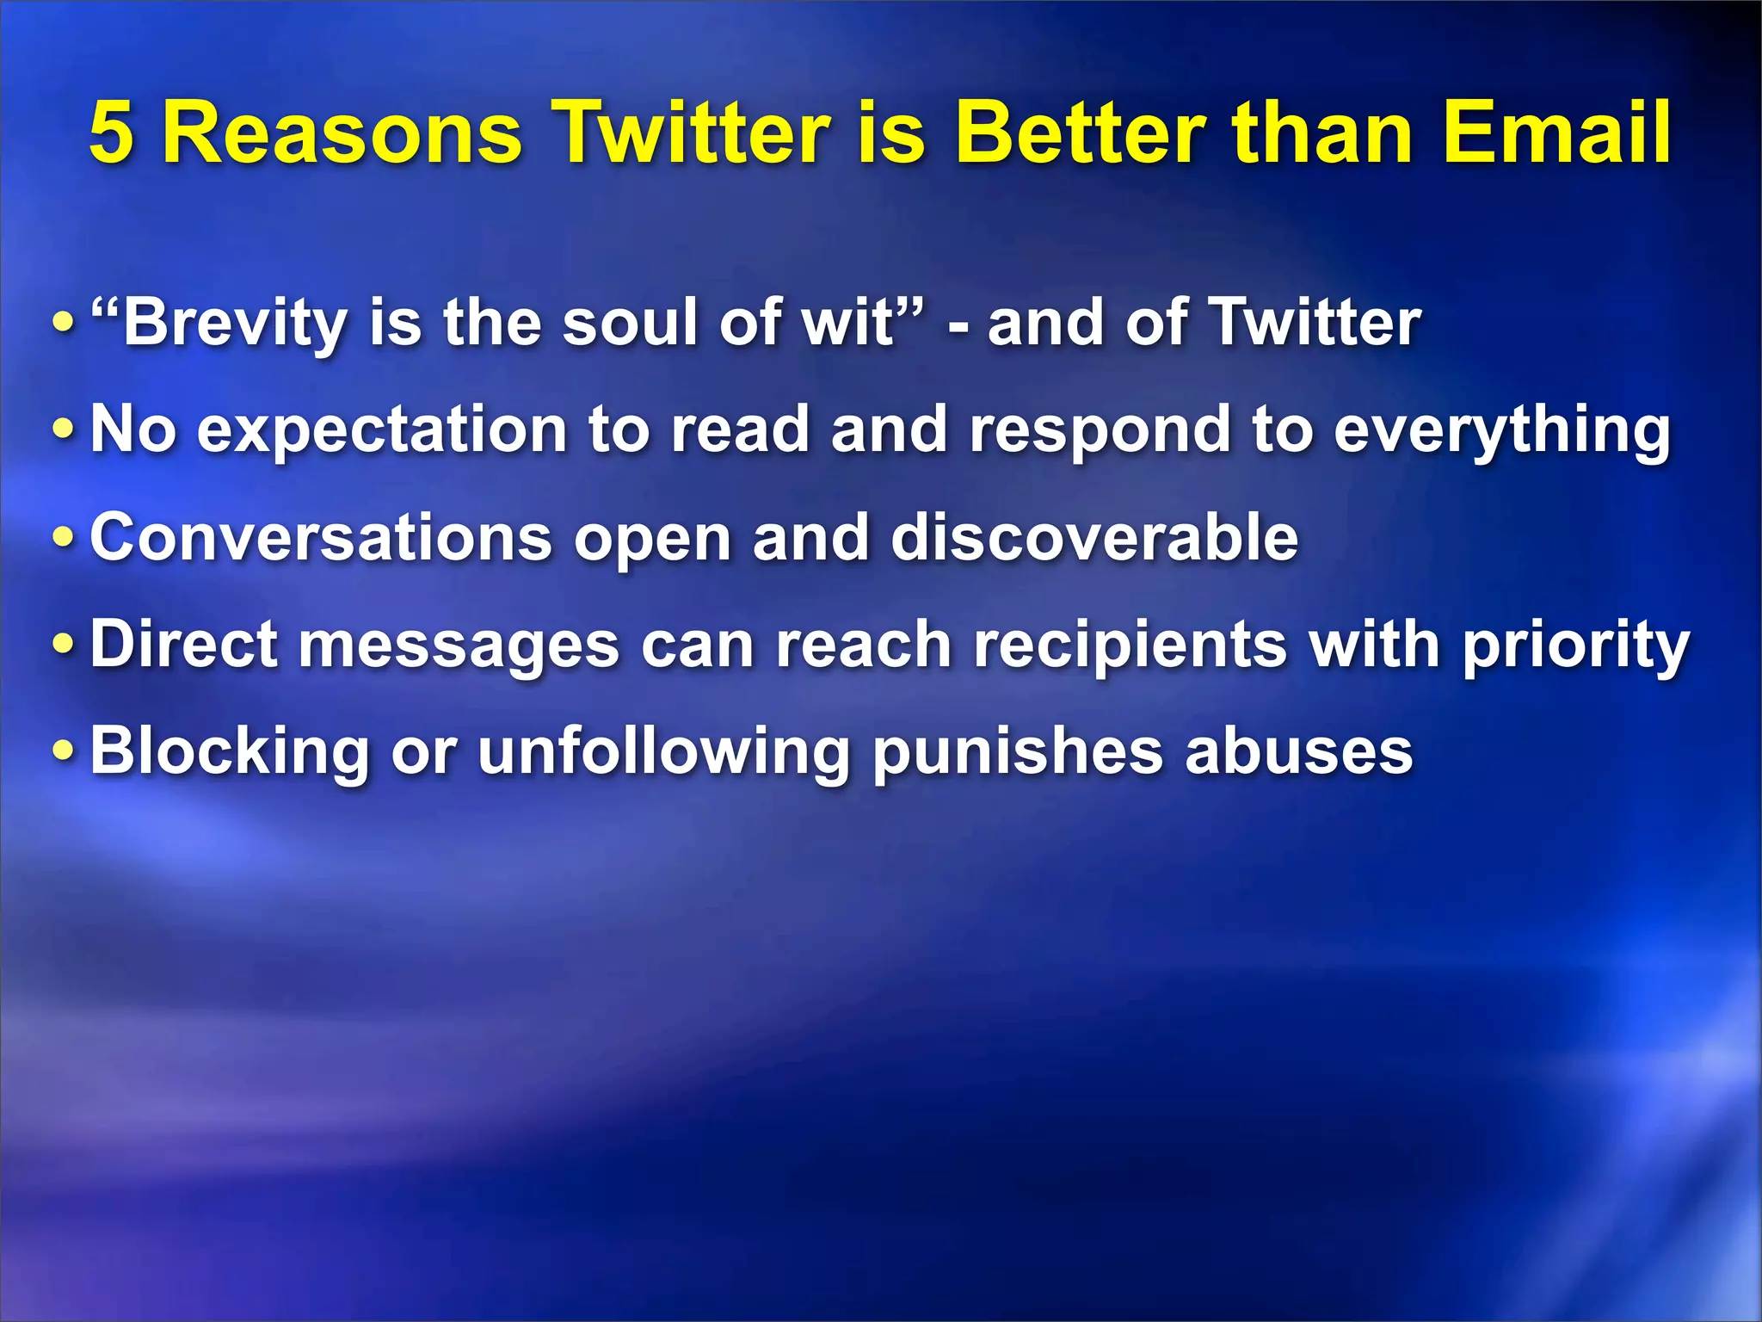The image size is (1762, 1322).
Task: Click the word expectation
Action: [382, 430]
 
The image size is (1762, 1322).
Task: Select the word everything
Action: [1501, 430]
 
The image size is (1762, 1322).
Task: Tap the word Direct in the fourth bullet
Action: [184, 645]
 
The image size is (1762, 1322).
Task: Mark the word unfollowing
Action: [663, 751]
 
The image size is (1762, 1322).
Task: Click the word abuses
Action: [1299, 751]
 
